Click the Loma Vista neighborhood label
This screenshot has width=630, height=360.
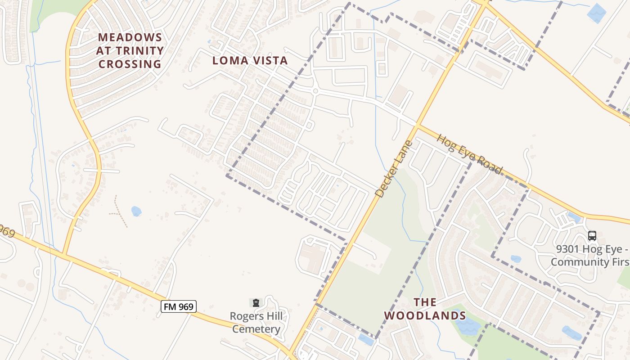[250, 60]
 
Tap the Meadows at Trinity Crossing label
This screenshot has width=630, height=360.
[130, 50]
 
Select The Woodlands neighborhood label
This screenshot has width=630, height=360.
[425, 309]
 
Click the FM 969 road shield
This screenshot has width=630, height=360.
[179, 307]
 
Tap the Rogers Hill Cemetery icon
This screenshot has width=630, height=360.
[256, 303]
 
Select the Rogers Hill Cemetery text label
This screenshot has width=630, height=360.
[256, 323]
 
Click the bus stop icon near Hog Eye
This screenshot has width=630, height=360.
[592, 235]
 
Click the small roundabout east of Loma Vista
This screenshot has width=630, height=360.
[315, 91]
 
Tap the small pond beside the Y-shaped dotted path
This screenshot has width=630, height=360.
[136, 211]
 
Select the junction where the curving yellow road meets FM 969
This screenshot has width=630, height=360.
[64, 255]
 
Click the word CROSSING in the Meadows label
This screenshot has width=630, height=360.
[130, 64]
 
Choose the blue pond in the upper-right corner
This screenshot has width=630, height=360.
[597, 13]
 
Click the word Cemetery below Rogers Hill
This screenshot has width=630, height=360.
[256, 329]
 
